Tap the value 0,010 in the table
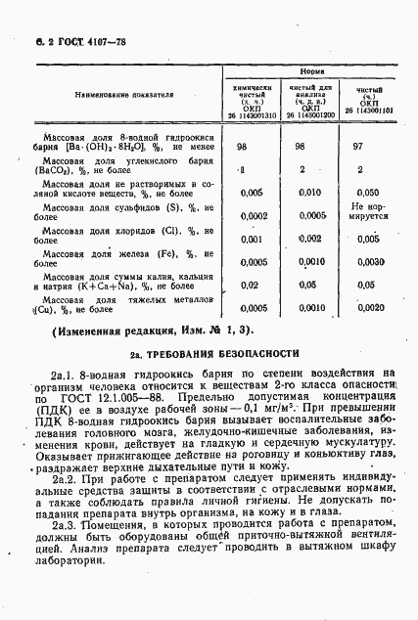pyautogui.click(x=309, y=193)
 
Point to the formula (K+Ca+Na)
pyautogui.click(x=86, y=287)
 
